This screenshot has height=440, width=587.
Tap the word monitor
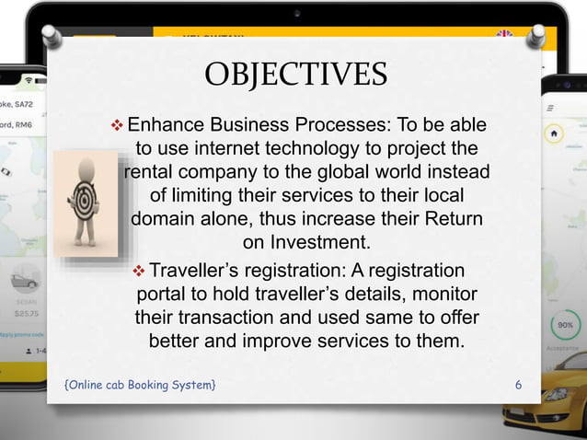[x=440, y=295]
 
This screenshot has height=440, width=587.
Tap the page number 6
[x=518, y=383]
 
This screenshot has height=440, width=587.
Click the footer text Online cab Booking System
[x=141, y=383]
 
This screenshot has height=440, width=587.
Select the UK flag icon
[x=504, y=37]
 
